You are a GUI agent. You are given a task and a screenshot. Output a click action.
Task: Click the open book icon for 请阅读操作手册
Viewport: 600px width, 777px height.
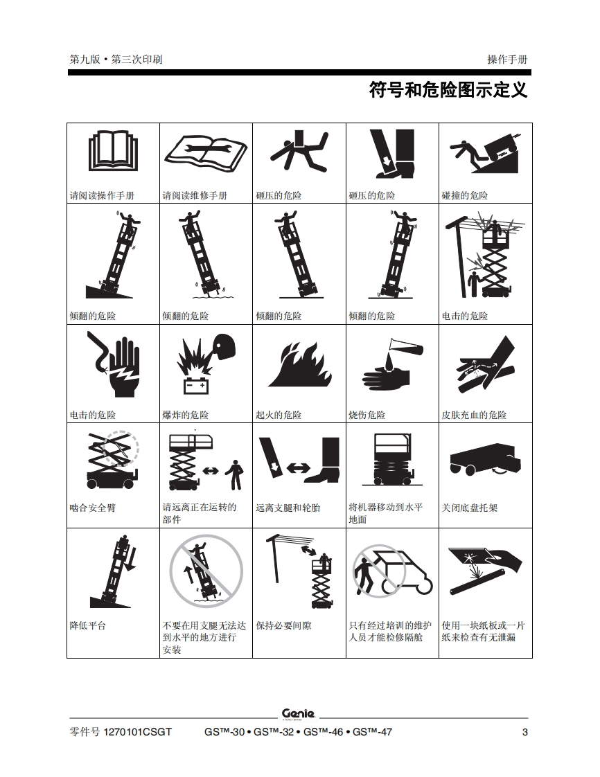(x=113, y=151)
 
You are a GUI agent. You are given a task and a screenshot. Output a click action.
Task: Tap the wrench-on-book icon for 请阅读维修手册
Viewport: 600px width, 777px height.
(x=206, y=153)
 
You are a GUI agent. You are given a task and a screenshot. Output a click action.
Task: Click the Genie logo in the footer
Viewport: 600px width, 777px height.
(x=298, y=714)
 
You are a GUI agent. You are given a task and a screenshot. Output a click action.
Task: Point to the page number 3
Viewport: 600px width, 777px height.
(x=524, y=733)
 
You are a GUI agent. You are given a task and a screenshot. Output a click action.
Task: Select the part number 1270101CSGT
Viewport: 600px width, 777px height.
(x=138, y=733)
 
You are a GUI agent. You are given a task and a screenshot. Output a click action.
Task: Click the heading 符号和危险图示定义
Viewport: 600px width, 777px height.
(x=448, y=90)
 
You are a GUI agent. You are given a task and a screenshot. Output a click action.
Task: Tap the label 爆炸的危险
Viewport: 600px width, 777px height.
(x=186, y=415)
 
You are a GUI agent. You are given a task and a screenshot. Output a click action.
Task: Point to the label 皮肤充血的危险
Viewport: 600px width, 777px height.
(x=474, y=415)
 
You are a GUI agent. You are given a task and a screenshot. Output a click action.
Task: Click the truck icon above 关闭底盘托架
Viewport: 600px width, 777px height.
(x=486, y=459)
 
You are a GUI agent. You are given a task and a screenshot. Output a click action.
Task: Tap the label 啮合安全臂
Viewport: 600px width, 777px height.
(x=93, y=508)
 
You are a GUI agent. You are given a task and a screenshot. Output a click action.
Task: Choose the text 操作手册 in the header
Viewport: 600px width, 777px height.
(x=507, y=60)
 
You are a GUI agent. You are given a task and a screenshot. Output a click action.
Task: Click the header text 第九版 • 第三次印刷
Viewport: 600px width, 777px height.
(x=116, y=60)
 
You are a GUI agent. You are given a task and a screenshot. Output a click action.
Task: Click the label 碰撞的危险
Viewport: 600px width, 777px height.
(x=465, y=195)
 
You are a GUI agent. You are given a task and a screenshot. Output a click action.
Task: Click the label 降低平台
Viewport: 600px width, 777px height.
(x=88, y=626)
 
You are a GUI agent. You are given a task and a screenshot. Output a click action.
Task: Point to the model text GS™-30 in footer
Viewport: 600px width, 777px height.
(x=224, y=733)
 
